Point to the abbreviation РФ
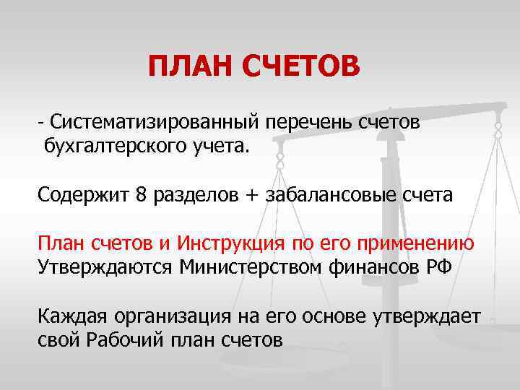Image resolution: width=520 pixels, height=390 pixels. (437, 266)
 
